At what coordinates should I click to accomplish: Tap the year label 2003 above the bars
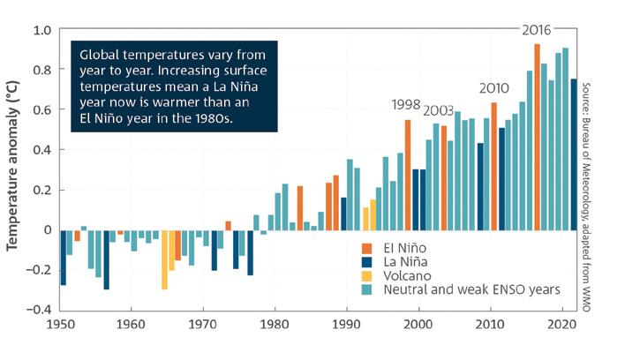point(439,110)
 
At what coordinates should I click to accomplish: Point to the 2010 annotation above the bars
point(494,88)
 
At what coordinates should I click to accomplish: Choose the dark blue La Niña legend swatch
point(365,262)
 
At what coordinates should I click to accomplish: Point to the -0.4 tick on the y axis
point(39,310)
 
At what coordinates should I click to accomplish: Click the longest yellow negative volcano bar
point(164,259)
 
